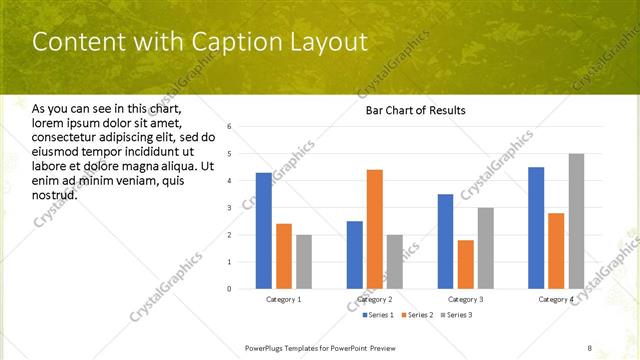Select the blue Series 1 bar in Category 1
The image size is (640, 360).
click(x=263, y=230)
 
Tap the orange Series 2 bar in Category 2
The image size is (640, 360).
click(x=375, y=229)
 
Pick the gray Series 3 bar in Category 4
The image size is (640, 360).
click(x=576, y=221)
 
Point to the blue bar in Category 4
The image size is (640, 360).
click(x=536, y=228)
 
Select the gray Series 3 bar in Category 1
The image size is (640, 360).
click(x=303, y=261)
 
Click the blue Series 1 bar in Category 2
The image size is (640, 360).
click(x=355, y=255)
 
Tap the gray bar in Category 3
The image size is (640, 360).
click(x=486, y=248)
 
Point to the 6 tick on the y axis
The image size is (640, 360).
click(x=230, y=127)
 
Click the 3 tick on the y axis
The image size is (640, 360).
click(x=230, y=208)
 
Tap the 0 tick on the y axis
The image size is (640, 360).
click(x=230, y=289)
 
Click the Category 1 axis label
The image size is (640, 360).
click(x=284, y=300)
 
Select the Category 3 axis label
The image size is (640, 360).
click(x=466, y=300)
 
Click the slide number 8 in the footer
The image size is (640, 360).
click(x=590, y=347)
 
